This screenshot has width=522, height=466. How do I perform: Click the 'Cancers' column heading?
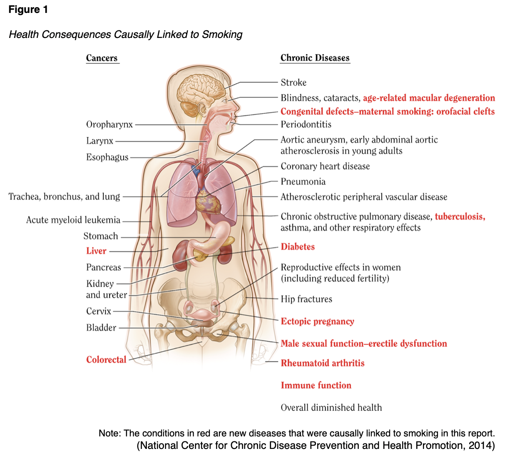pyautogui.click(x=102, y=58)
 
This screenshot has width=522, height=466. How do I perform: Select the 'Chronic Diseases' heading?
pyautogui.click(x=315, y=58)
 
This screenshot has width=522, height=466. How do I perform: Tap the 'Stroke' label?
pyautogui.click(x=293, y=83)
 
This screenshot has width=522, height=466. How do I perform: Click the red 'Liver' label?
pyautogui.click(x=96, y=251)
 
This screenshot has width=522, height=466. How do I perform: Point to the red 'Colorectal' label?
pyautogui.click(x=106, y=360)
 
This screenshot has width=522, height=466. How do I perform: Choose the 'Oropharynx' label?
pyautogui.click(x=109, y=124)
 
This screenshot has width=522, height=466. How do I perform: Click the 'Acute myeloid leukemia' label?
pyautogui.click(x=73, y=220)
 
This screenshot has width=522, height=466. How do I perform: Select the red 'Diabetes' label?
pyautogui.click(x=298, y=247)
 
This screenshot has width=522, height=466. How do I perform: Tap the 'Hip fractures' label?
pyautogui.click(x=306, y=299)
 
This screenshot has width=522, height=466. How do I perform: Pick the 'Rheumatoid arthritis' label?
pyautogui.click(x=323, y=363)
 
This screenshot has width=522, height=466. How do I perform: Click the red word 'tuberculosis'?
pyautogui.click(x=460, y=217)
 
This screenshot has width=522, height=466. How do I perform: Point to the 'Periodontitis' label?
pyautogui.click(x=306, y=124)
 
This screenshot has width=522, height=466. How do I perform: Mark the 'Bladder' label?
pyautogui.click(x=101, y=328)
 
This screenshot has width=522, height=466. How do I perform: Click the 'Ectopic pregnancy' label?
pyautogui.click(x=318, y=321)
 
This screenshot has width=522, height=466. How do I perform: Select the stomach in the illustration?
pyautogui.click(x=219, y=236)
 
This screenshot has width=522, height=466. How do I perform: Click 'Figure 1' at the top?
pyautogui.click(x=28, y=10)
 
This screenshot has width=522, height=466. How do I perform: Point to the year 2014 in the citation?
pyautogui.click(x=480, y=446)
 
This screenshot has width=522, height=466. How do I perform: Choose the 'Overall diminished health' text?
pyautogui.click(x=331, y=408)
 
